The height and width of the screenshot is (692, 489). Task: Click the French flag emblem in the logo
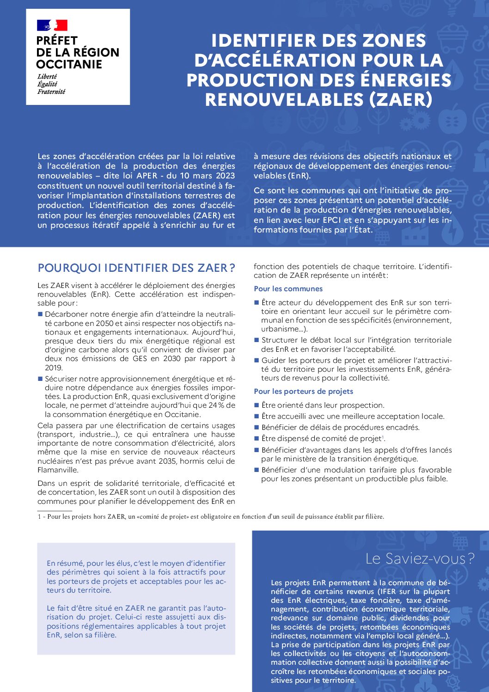point(52,25)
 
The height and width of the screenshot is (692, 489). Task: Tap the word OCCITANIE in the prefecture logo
point(69,64)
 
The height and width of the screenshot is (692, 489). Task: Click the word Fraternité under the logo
point(51,92)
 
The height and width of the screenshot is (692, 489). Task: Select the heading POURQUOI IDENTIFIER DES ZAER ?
point(136,268)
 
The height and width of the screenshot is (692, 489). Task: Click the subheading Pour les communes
point(288,289)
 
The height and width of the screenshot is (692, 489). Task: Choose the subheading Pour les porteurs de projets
point(303,392)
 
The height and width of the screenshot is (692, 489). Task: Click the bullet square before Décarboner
point(40,314)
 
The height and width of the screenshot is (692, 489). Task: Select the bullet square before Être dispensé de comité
point(257,439)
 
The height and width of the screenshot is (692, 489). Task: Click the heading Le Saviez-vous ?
point(420,559)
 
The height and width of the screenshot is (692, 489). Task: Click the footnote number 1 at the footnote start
point(39,517)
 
